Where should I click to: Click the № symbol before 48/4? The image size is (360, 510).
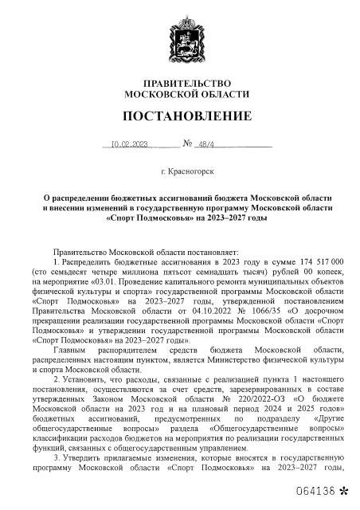pyautogui.click(x=189, y=145)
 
